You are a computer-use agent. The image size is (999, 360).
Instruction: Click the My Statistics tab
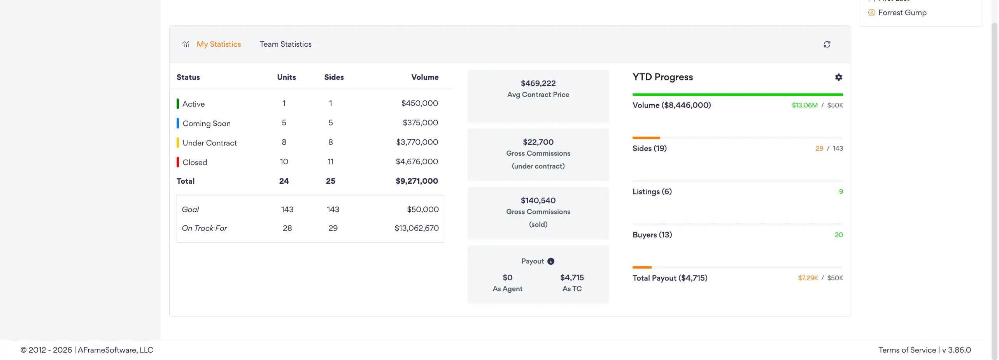coord(219,44)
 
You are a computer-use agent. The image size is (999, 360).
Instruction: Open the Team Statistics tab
coord(286,44)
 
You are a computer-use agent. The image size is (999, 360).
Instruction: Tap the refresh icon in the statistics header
coord(827,44)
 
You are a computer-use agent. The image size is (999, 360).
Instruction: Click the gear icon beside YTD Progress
coord(839,77)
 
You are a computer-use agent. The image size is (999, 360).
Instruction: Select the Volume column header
coord(425,77)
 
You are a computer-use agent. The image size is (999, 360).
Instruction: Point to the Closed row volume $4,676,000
coord(417,162)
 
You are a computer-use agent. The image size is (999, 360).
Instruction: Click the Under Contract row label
coord(210,143)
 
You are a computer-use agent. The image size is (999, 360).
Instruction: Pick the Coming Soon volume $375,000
coord(420,123)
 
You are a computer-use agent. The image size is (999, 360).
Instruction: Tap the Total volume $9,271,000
coord(417,181)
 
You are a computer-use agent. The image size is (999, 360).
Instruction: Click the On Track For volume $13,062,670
coord(417,228)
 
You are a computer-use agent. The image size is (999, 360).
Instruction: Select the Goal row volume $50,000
coord(423,209)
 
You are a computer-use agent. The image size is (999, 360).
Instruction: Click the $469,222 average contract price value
coord(538,83)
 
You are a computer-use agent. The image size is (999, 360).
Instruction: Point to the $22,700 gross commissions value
coord(538,142)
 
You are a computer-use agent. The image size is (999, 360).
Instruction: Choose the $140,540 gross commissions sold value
coord(538,200)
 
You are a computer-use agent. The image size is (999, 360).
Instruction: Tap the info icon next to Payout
coord(551,261)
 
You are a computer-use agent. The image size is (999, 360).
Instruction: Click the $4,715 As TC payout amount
coord(572,277)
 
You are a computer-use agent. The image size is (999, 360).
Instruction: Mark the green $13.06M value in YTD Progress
coord(804,105)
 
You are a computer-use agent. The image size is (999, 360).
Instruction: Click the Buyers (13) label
coord(652,235)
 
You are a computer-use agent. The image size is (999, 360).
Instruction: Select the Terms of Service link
coord(907,350)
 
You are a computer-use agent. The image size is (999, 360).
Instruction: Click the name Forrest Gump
coord(902,12)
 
